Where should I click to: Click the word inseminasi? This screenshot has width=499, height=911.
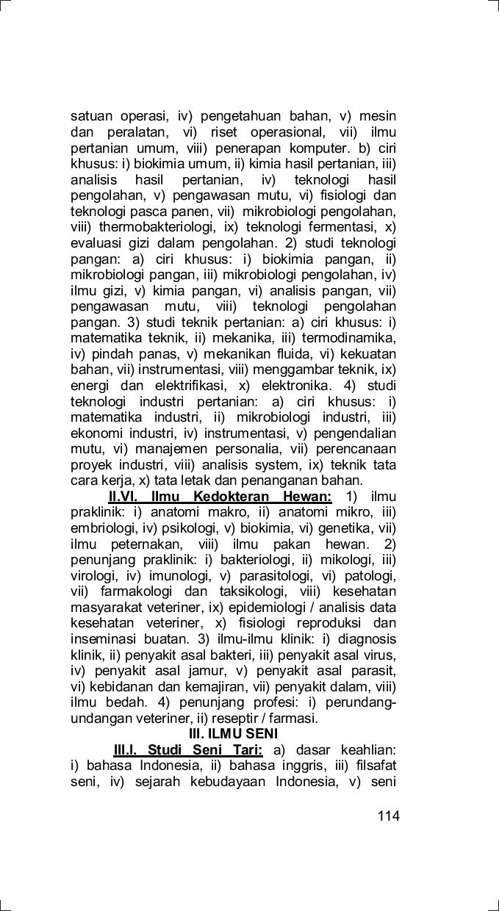click(101, 639)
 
